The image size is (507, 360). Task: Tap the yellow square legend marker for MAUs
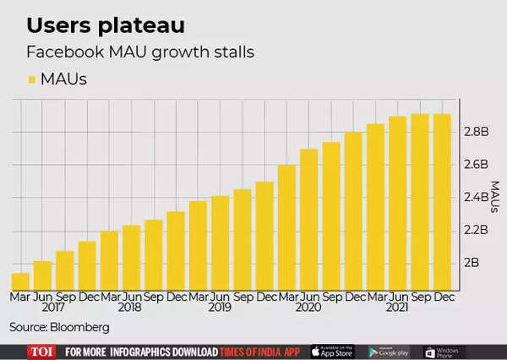(32, 80)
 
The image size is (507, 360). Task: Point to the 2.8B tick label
(477, 132)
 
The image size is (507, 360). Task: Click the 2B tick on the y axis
(472, 263)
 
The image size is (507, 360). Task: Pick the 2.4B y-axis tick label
(477, 198)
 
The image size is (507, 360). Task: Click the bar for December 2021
(442, 202)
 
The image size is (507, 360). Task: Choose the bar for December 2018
(176, 251)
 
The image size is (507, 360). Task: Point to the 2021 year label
(398, 309)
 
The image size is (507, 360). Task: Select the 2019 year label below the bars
(221, 309)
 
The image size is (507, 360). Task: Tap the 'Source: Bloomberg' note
(59, 327)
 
